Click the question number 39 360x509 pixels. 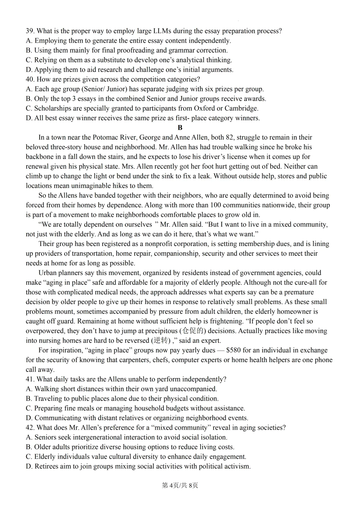pos(30,31)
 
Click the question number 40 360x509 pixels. pos(30,79)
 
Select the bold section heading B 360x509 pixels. pos(180,128)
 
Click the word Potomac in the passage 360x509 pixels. pos(105,137)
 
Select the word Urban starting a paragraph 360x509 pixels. pos(48,273)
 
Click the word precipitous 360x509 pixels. pos(159,331)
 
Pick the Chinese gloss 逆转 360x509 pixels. pos(161,340)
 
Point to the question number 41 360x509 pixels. pos(30,379)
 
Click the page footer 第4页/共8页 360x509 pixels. pos(180,485)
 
